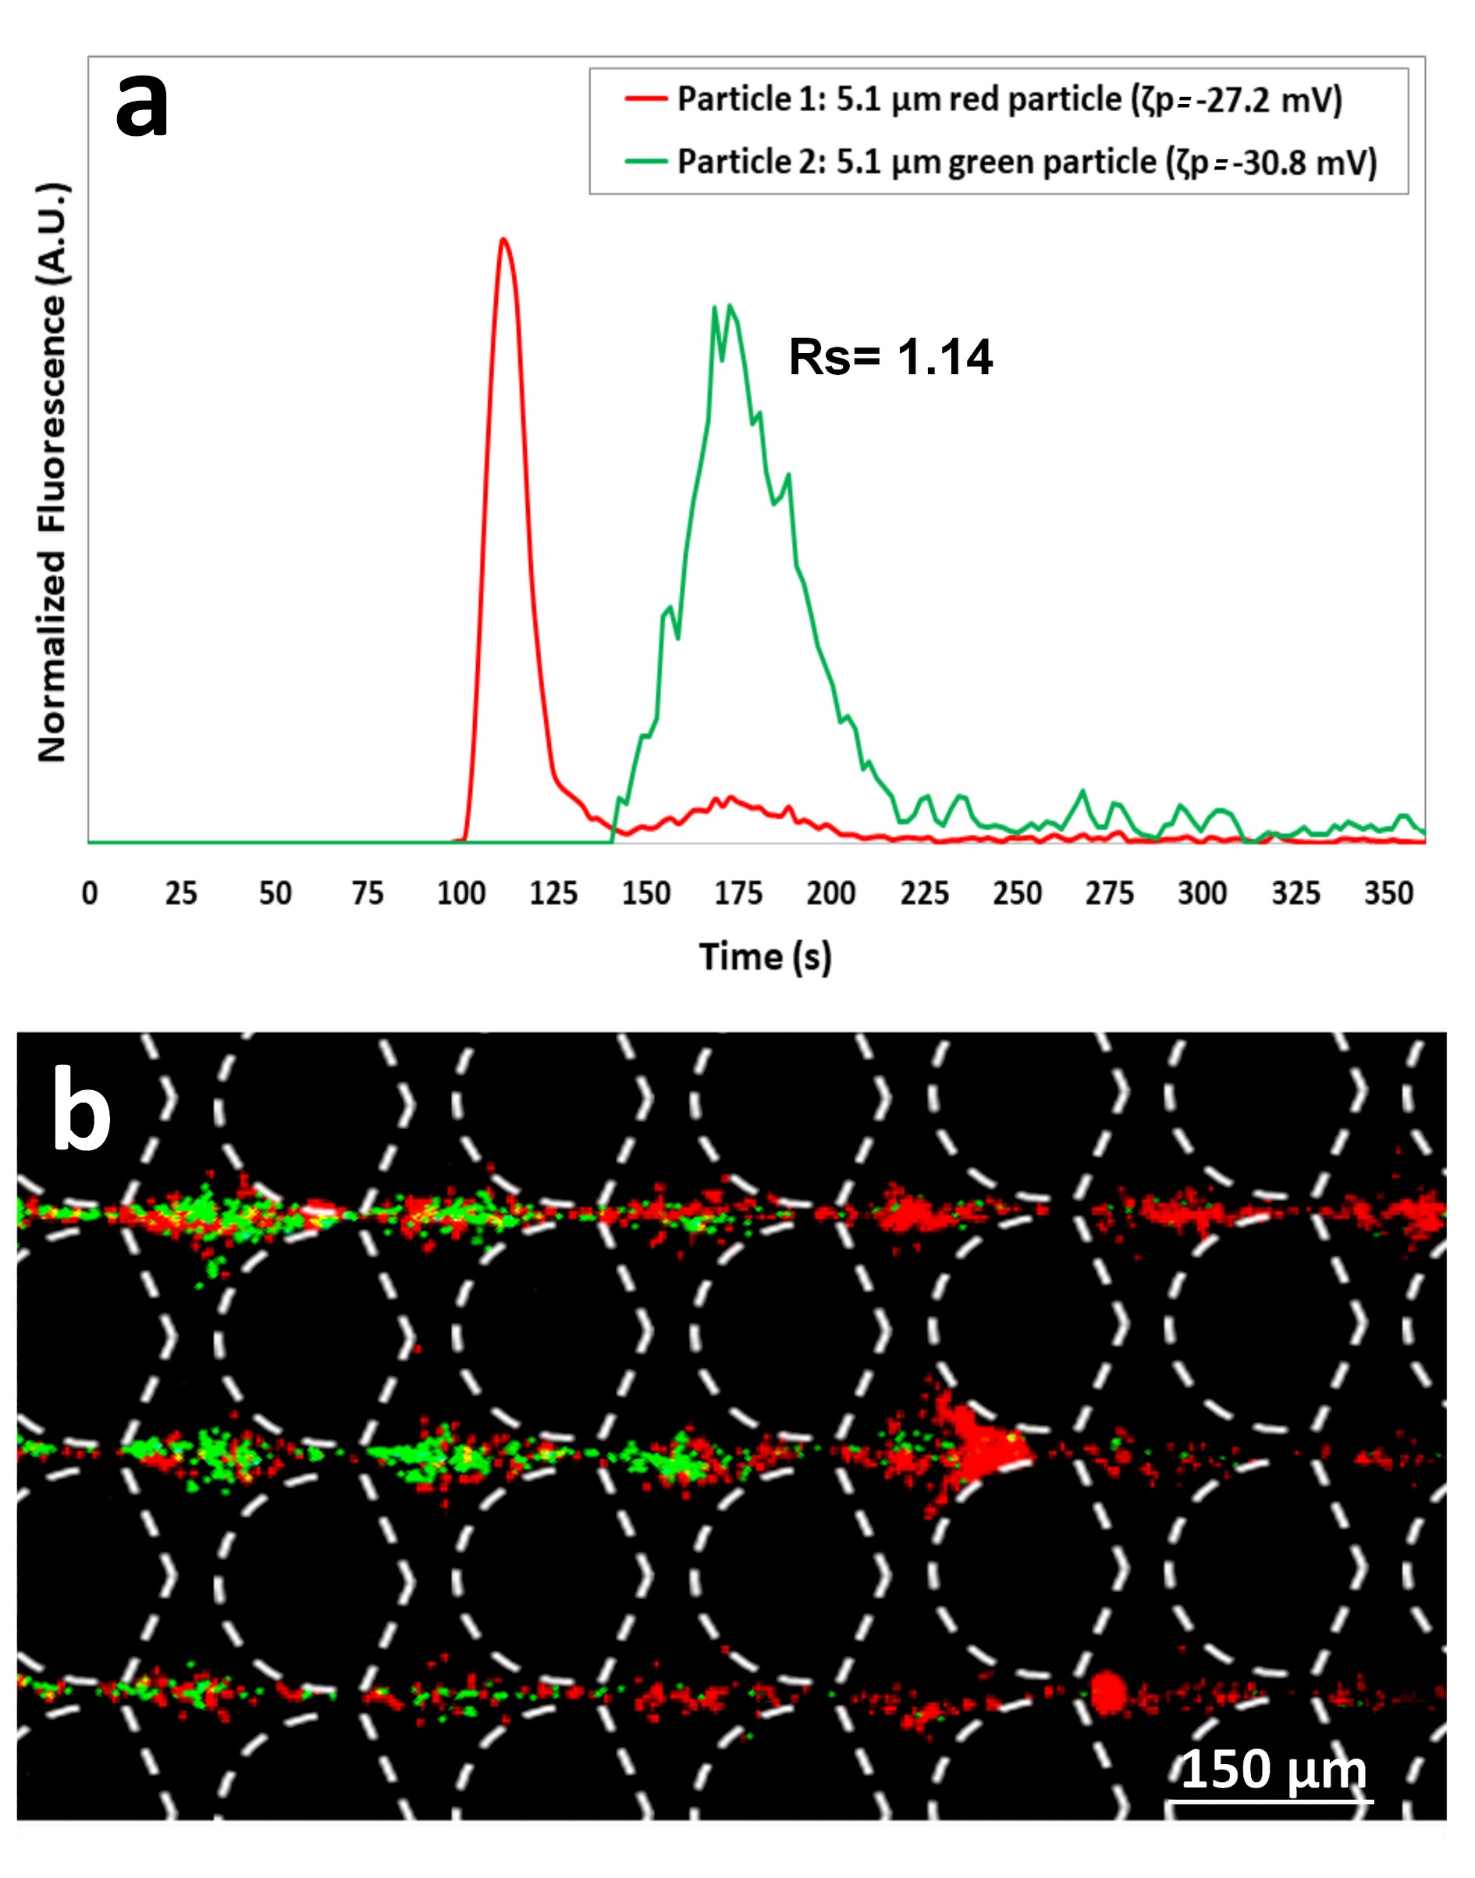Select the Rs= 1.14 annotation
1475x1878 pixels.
(890, 357)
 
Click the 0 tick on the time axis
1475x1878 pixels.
(90, 893)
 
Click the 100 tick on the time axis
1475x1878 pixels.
(461, 893)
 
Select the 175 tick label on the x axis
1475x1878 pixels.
(738, 893)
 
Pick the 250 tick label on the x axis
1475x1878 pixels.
(1018, 893)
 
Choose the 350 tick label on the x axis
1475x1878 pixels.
(1388, 893)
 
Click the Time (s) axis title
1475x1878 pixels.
(765, 957)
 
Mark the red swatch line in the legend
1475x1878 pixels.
(646, 99)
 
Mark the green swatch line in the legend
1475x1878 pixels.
(646, 162)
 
